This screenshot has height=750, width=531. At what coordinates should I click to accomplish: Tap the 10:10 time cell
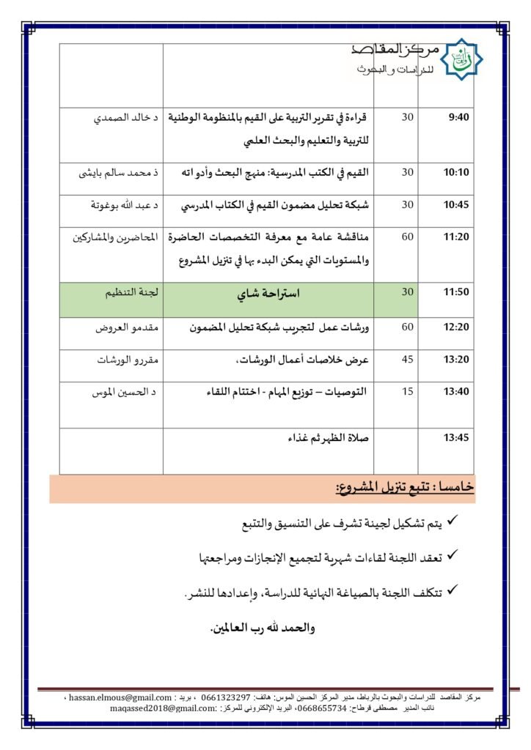coord(456,173)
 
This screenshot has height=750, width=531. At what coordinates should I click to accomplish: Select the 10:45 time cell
coord(456,205)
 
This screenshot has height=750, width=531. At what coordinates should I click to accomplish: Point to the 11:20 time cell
coord(456,237)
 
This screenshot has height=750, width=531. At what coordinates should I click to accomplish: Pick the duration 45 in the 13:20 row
coord(408,359)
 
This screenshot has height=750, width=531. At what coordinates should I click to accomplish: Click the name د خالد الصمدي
coord(123,117)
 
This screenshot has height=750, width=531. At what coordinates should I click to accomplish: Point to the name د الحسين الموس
coord(122,393)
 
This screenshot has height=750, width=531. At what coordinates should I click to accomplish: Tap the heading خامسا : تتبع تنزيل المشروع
coord(404,487)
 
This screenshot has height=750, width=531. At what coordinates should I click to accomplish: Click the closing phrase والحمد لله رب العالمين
coord(263,628)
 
